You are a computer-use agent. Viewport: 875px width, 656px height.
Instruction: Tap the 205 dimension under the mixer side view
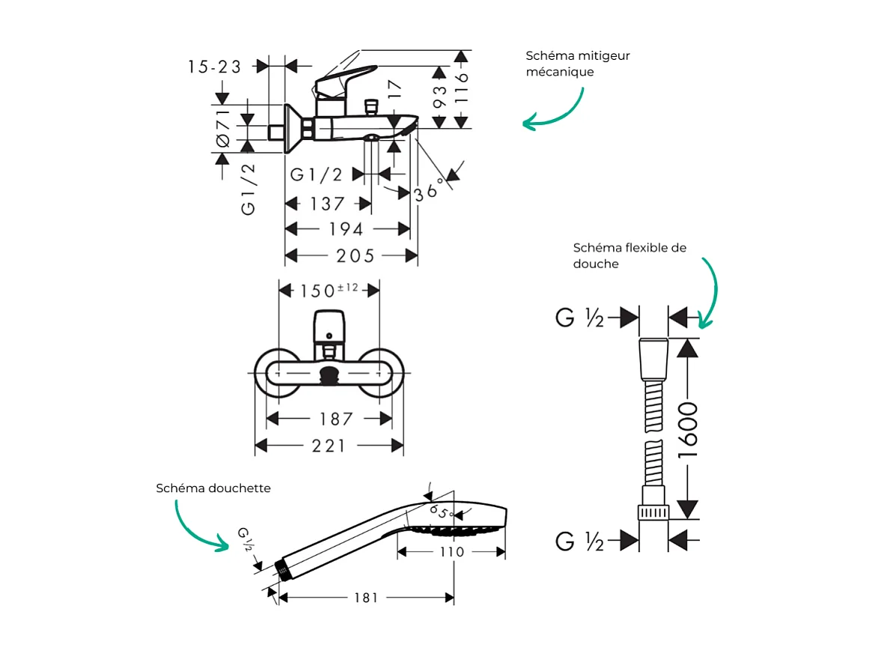coord(355,256)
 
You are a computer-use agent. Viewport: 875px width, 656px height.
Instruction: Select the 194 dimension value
coord(346,229)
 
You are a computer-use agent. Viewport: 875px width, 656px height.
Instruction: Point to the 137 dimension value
coord(327,204)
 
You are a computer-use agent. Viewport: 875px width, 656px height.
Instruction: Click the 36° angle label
coord(427,192)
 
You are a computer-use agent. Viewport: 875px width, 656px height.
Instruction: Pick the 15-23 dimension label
coord(214,67)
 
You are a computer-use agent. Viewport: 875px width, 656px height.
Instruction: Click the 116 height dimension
coord(462,87)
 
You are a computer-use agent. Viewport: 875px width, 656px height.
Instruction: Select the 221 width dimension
coord(329,446)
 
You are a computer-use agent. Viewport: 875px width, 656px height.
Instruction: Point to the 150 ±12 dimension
coord(329,290)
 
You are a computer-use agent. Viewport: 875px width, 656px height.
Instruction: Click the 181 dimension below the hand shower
coord(365,598)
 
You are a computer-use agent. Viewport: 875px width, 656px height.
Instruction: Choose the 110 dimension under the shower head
coord(451,552)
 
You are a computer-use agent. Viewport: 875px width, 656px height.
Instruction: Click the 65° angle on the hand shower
coord(442,513)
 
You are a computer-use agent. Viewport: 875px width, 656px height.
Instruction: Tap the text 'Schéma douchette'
coord(213,488)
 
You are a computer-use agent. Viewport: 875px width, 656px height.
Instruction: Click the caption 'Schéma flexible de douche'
coord(629,255)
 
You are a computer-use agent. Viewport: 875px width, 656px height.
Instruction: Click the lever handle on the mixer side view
coord(345,79)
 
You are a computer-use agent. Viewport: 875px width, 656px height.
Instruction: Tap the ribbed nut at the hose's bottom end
coord(653,512)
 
